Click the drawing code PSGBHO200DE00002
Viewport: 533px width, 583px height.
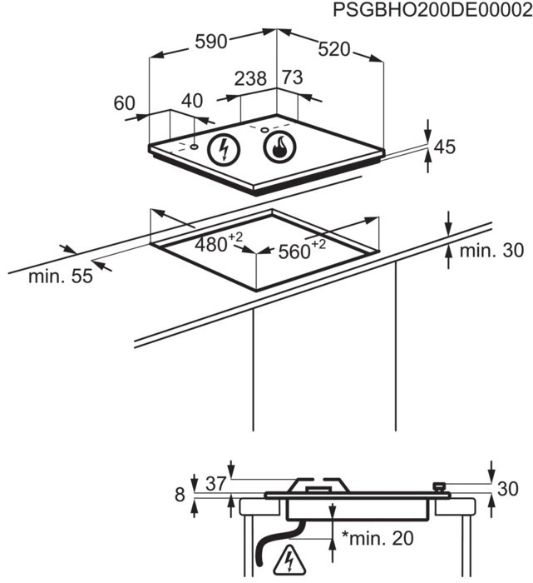432,10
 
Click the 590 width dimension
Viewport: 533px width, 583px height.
211,42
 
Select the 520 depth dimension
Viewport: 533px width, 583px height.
334,49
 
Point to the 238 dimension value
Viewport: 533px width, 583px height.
250,78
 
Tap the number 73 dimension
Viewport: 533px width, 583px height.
293,77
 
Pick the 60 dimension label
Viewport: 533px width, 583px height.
125,103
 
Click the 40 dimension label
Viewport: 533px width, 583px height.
192,101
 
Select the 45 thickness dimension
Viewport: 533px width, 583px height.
445,147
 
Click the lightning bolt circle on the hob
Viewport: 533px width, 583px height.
224,149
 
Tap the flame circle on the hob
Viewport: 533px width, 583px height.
280,147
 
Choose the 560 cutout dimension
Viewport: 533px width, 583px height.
302,250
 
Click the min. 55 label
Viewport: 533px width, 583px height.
61,277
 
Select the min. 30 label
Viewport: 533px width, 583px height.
491,251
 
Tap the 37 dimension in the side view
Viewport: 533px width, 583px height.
215,484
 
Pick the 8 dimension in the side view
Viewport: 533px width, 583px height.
180,495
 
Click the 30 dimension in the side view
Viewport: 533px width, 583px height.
507,489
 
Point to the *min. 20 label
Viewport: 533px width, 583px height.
378,538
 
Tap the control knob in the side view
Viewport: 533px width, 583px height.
439,487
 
